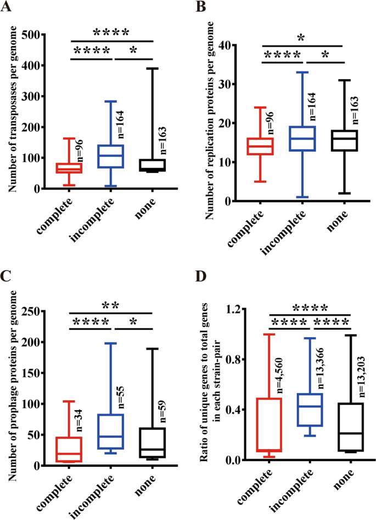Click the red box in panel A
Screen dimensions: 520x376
point(70,167)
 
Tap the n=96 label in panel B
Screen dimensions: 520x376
point(270,122)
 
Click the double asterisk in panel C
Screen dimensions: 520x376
point(110,304)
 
